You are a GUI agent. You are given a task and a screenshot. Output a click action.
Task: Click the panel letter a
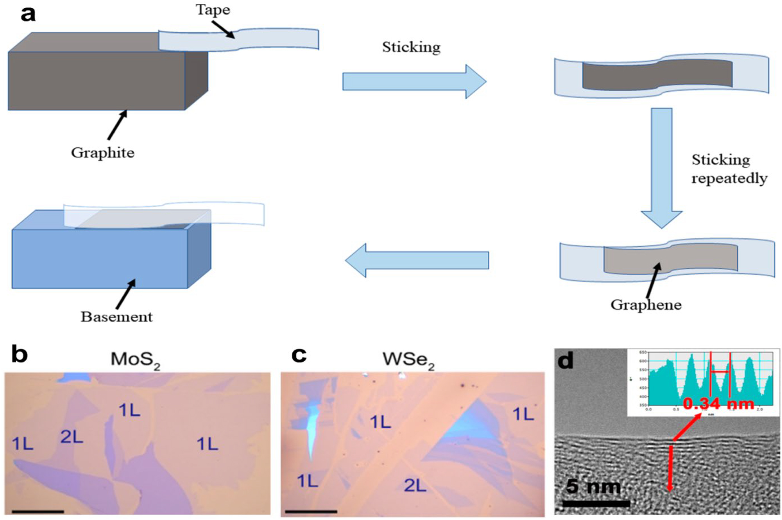(28, 14)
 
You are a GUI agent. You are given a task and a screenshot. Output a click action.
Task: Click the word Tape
(213, 10)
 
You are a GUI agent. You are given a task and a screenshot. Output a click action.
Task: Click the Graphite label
(102, 152)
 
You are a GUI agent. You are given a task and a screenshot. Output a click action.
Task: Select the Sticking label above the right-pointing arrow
(411, 47)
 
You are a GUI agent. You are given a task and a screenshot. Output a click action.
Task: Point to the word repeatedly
(729, 178)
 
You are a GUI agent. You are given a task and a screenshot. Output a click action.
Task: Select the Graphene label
(646, 305)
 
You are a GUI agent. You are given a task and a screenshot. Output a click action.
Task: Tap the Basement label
(116, 317)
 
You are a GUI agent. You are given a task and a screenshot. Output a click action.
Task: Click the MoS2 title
(135, 359)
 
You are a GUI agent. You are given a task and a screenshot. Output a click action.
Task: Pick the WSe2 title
(408, 359)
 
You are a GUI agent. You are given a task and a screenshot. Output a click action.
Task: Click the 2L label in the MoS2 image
(72, 437)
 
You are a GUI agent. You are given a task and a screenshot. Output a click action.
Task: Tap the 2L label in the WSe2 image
(415, 486)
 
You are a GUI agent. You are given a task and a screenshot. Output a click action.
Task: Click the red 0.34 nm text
(718, 404)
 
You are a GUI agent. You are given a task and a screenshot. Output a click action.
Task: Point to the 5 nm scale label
(593, 486)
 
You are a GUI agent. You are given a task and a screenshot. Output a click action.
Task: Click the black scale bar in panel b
(38, 511)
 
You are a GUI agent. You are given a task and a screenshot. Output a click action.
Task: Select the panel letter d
(565, 360)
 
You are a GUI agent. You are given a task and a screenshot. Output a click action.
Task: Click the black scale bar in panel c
(311, 511)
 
